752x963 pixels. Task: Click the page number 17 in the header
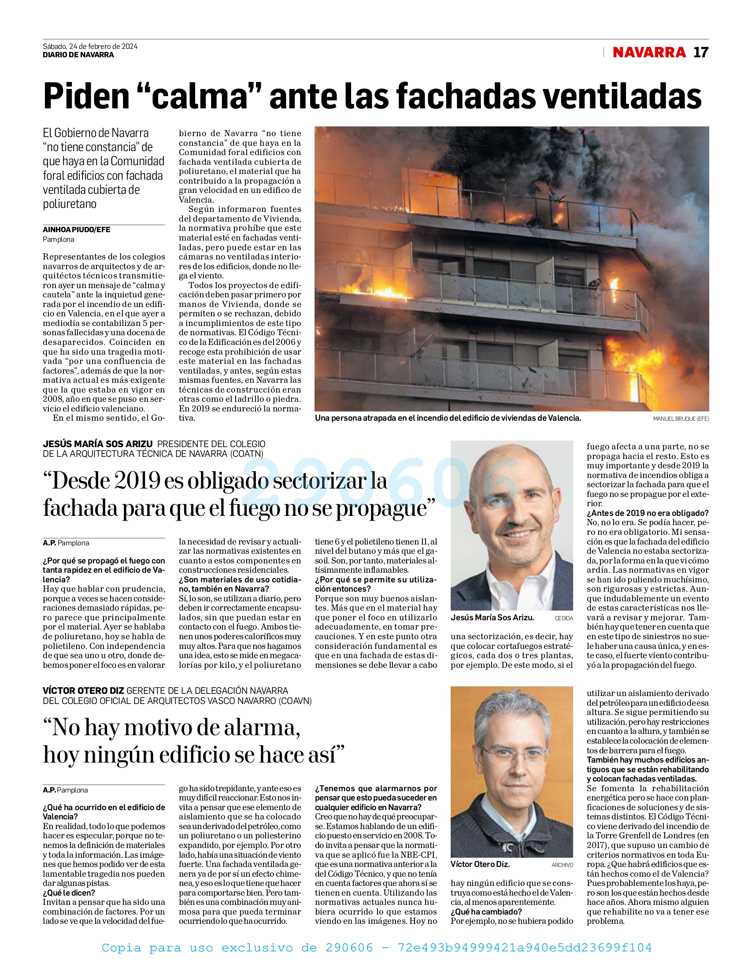click(700, 52)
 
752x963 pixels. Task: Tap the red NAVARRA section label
click(649, 52)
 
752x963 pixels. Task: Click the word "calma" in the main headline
click(199, 96)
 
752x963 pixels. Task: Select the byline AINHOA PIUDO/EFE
click(76, 230)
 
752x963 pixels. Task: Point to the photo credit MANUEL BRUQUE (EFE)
click(681, 419)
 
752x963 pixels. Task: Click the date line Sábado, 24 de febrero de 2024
click(90, 46)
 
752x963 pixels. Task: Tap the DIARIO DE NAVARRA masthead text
click(78, 55)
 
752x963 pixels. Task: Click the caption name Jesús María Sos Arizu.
click(492, 618)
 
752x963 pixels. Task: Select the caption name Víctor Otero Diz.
click(480, 864)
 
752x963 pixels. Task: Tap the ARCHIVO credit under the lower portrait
click(562, 865)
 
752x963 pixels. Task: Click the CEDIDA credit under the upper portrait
click(563, 619)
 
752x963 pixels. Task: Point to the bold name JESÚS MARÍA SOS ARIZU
click(97, 444)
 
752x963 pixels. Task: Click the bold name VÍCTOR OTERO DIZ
click(83, 690)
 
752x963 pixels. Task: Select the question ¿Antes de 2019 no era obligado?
click(647, 513)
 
